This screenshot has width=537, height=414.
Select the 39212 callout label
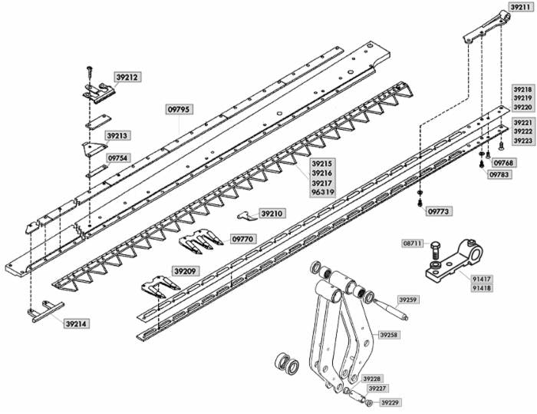click(x=127, y=77)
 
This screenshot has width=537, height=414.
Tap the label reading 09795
click(x=179, y=110)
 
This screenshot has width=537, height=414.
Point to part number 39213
click(x=117, y=136)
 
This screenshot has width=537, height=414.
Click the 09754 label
click(x=118, y=157)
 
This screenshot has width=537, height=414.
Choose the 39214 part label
click(x=76, y=324)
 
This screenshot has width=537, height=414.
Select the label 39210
click(x=272, y=213)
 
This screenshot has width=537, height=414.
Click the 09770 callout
click(x=243, y=240)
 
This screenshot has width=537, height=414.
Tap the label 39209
click(x=185, y=271)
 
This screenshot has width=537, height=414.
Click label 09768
click(x=504, y=163)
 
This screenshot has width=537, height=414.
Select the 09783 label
click(x=499, y=174)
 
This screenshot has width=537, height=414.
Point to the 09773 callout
click(x=439, y=210)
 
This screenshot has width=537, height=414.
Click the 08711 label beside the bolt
click(x=413, y=243)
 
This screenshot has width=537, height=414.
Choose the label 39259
click(x=408, y=299)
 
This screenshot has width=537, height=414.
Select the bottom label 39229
click(x=391, y=402)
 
